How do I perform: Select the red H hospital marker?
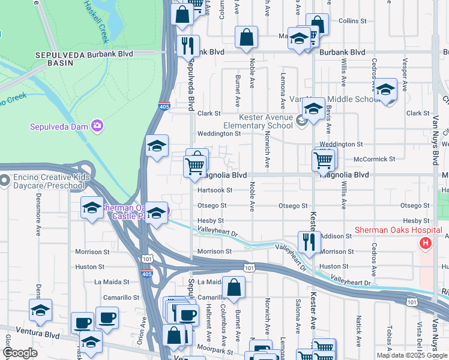426,243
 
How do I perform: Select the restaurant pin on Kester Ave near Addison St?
309,242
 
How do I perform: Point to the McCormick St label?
375,160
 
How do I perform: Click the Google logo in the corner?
20,353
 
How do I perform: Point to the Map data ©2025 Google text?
412,355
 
